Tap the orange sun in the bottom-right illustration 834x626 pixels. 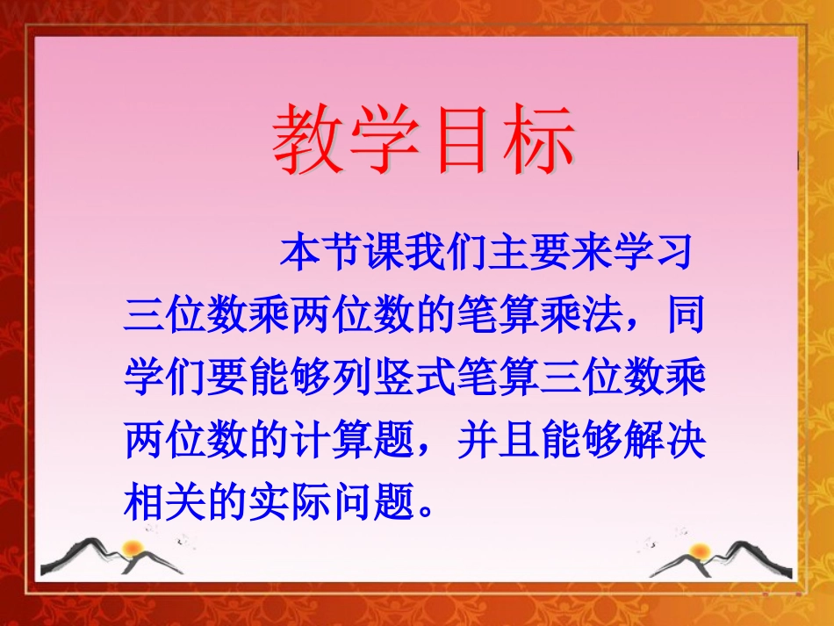(x=700, y=551)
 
